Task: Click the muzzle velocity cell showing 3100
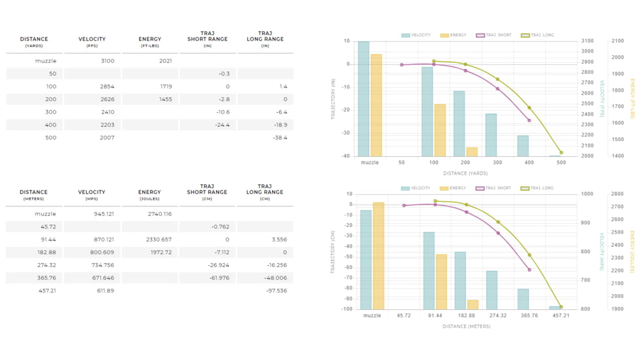pyautogui.click(x=107, y=61)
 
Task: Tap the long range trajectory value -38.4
pyautogui.click(x=280, y=138)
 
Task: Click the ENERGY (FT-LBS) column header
pyautogui.click(x=149, y=42)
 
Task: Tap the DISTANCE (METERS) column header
pyautogui.click(x=33, y=195)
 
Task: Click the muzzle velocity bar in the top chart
pyautogui.click(x=363, y=98)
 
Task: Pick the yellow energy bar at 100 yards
pyautogui.click(x=440, y=130)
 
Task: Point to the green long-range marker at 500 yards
pyautogui.click(x=561, y=153)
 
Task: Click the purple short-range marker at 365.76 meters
pyautogui.click(x=530, y=270)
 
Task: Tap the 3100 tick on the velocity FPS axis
pyautogui.click(x=588, y=41)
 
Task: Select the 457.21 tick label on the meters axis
pyautogui.click(x=561, y=316)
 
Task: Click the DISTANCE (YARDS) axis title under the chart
pyautogui.click(x=465, y=173)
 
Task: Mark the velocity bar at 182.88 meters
pyautogui.click(x=460, y=280)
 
